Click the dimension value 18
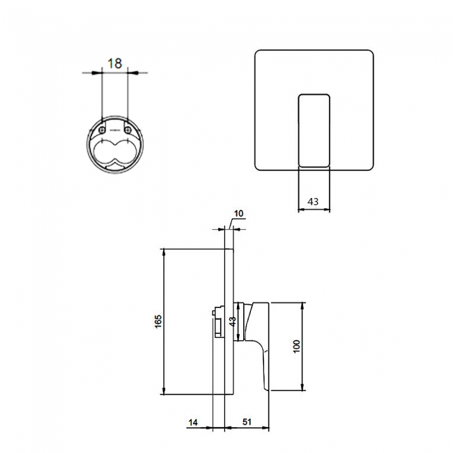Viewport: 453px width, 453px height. (x=115, y=63)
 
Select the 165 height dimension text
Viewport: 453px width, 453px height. (x=158, y=322)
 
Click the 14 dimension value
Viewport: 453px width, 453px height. (x=194, y=422)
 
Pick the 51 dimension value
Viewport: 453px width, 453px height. (x=247, y=422)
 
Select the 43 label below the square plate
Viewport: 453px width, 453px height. (x=313, y=201)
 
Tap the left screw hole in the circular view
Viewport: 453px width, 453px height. (x=102, y=130)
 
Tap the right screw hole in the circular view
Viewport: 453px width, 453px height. (x=128, y=130)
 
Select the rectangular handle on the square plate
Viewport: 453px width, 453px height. (x=314, y=130)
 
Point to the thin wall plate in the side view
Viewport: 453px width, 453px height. (x=228, y=321)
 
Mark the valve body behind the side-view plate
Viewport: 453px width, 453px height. (x=218, y=323)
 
